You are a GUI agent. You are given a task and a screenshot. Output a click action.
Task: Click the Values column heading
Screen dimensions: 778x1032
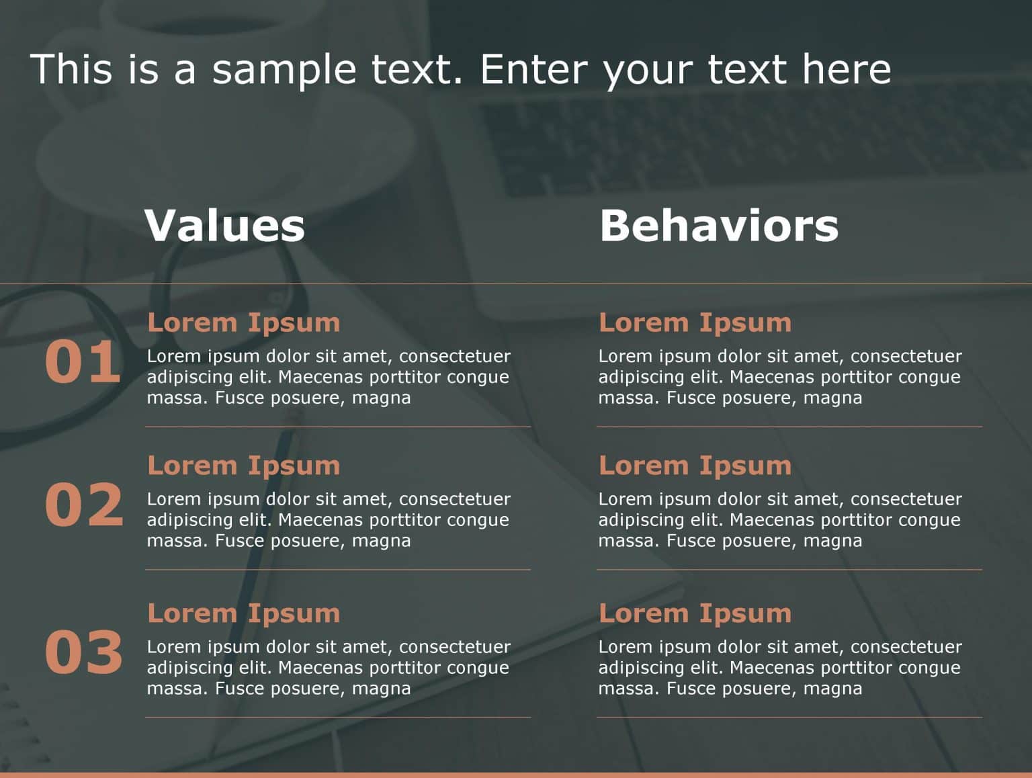[224, 225]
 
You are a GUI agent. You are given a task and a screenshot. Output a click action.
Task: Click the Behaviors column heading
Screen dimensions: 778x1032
[719, 225]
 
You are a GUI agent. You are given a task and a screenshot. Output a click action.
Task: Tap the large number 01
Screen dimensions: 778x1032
[83, 362]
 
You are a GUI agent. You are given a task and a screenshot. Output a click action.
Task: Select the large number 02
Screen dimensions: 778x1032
[84, 505]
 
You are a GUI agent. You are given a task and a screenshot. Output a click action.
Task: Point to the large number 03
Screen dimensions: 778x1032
[84, 652]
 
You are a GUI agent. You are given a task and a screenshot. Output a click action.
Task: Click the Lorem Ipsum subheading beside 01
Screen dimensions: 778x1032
[243, 322]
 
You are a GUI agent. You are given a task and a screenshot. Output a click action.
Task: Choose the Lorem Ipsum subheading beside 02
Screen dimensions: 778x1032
[243, 466]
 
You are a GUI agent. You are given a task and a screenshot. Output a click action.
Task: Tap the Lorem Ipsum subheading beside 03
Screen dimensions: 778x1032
[243, 613]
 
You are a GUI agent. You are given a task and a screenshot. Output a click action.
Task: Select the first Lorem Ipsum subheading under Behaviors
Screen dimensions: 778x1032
[695, 322]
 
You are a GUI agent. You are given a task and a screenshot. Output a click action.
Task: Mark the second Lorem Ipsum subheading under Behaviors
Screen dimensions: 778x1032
[695, 466]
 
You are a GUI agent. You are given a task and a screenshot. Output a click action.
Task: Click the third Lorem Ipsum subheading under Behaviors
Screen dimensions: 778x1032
[695, 613]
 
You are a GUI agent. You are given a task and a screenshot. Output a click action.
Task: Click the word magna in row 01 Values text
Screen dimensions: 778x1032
[381, 398]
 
